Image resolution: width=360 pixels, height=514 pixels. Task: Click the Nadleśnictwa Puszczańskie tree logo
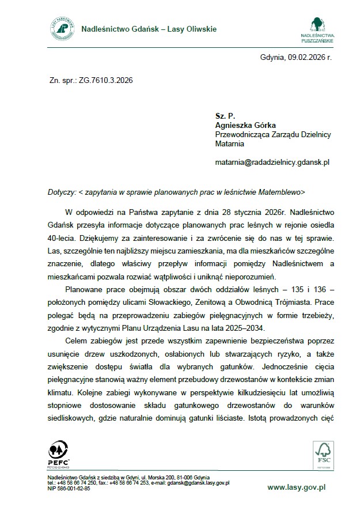coord(318,26)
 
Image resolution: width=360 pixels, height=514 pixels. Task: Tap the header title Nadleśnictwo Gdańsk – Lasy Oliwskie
coord(149,29)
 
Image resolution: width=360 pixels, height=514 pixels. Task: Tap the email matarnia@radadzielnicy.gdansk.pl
coord(271,163)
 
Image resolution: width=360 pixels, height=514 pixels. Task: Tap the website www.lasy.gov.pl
coord(297,487)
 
